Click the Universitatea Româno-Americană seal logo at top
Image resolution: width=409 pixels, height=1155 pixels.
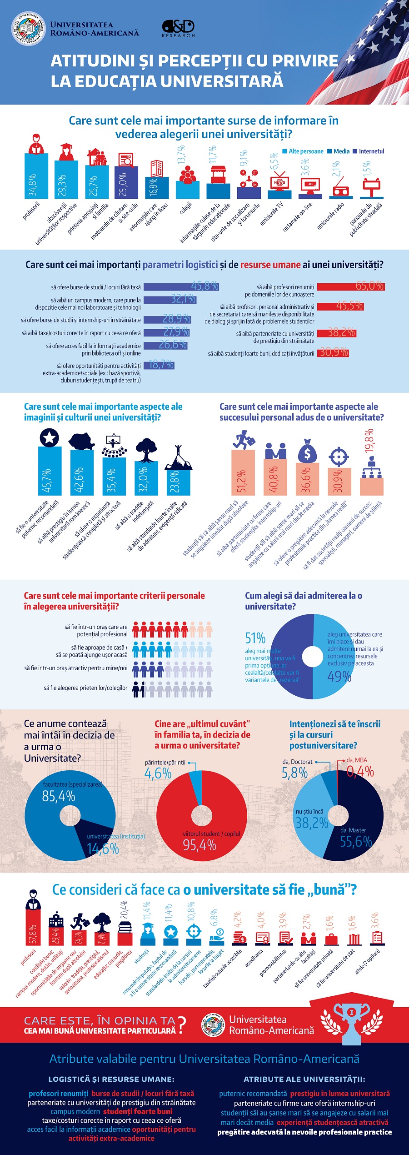point(28,29)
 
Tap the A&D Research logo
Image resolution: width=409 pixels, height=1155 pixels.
point(178,28)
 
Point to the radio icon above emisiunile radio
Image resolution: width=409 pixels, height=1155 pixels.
point(341,187)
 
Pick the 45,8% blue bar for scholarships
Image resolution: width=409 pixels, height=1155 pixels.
point(181,286)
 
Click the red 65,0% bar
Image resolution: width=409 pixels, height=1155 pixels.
point(350,286)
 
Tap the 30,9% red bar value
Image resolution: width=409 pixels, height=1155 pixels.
point(334,352)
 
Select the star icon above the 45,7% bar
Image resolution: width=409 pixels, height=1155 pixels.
point(50,437)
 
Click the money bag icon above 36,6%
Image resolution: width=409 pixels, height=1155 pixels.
point(308,451)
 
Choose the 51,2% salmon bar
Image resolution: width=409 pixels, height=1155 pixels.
point(243,472)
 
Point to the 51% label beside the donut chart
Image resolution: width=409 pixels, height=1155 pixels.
point(255,638)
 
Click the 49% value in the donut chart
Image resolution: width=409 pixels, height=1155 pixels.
point(339,677)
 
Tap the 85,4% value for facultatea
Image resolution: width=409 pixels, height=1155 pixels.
point(59,796)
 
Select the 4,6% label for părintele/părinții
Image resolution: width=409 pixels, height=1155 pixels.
point(158,773)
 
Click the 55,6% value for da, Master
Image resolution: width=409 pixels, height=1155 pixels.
point(356,842)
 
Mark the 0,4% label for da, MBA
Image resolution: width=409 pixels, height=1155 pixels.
point(360,771)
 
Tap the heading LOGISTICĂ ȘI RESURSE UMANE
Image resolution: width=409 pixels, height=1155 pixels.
point(111,1079)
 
